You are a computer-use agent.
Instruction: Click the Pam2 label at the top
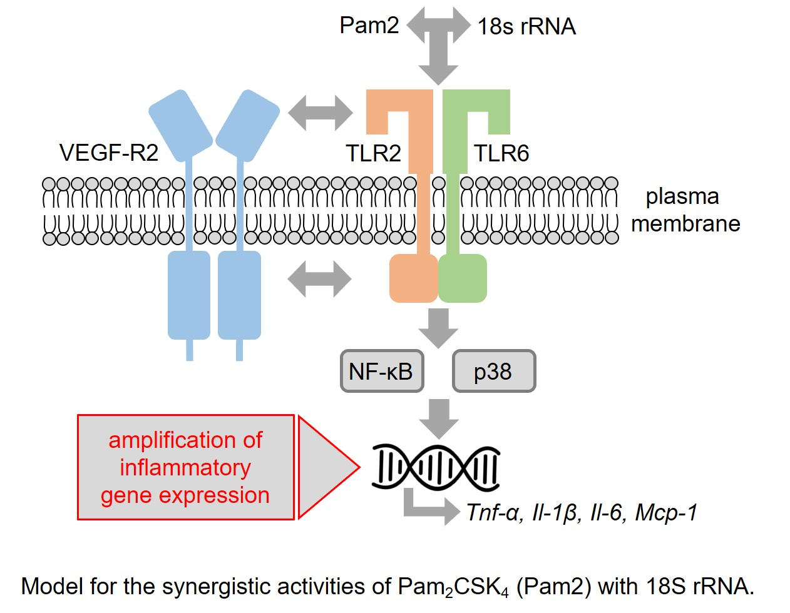[x=369, y=26]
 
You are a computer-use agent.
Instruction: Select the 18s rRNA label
[x=526, y=27]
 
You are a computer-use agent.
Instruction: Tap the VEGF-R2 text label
[x=109, y=153]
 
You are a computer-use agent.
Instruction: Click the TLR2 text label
[x=373, y=153]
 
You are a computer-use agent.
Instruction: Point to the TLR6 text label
[x=501, y=153]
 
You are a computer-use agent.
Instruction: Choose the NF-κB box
[x=381, y=372]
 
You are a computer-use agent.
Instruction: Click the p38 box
[x=493, y=372]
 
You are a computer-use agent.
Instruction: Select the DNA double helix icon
[x=436, y=467]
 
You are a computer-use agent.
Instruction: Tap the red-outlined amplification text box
[x=185, y=467]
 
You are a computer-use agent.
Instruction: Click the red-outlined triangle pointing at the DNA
[x=322, y=467]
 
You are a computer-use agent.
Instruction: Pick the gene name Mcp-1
[x=665, y=512]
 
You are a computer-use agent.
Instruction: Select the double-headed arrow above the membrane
[x=321, y=113]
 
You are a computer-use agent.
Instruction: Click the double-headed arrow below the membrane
[x=320, y=278]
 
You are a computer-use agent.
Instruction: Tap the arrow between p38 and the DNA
[x=438, y=418]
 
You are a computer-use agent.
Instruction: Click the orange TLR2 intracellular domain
[x=413, y=278]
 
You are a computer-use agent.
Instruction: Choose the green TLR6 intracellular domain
[x=463, y=278]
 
